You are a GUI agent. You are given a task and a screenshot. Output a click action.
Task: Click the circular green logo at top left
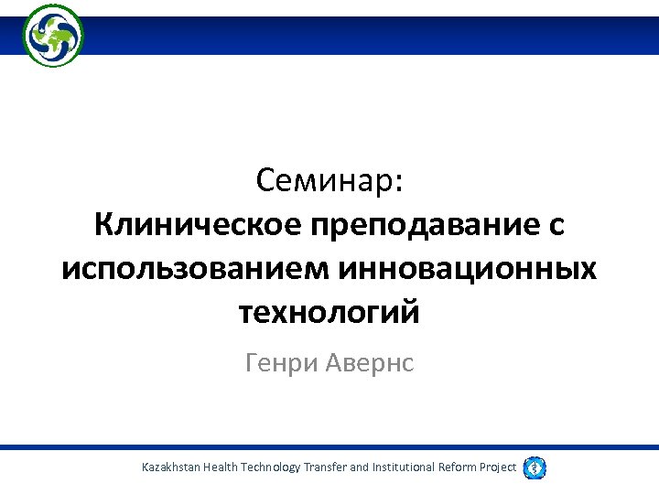pyautogui.click(x=53, y=36)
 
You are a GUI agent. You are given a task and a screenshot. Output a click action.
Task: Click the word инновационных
pyautogui.click(x=467, y=269)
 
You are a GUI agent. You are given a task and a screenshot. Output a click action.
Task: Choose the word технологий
pyautogui.click(x=329, y=313)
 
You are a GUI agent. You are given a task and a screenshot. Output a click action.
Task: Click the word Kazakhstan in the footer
pyautogui.click(x=171, y=467)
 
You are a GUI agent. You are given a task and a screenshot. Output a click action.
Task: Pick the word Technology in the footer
pyautogui.click(x=270, y=467)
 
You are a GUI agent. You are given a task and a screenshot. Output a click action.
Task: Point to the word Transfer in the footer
pyautogui.click(x=325, y=467)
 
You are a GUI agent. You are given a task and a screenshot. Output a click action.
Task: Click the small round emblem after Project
pyautogui.click(x=535, y=467)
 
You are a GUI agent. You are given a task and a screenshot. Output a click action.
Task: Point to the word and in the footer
pyautogui.click(x=360, y=467)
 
